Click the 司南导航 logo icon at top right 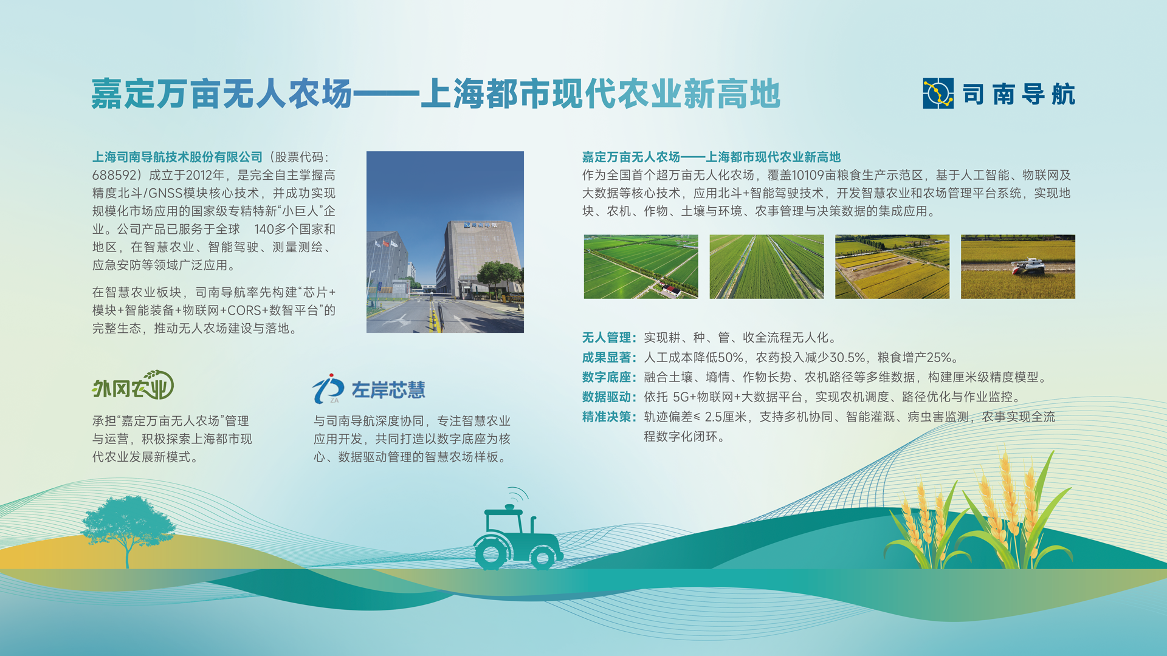pos(938,94)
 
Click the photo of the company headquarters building pos(445,242)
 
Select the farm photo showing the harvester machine pos(1018,267)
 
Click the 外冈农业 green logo pos(133,385)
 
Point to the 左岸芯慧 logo pos(369,389)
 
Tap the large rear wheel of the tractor pos(491,552)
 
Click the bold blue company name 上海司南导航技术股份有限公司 pos(177,157)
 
